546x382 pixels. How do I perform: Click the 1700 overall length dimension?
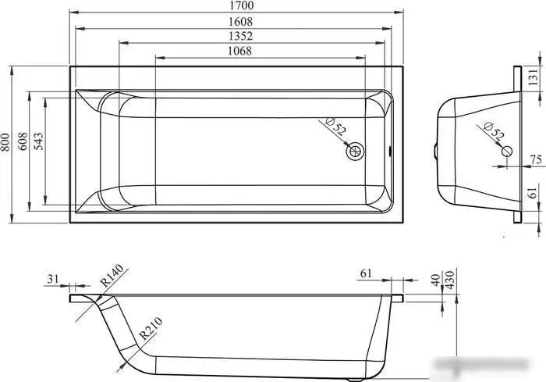[x=242, y=5]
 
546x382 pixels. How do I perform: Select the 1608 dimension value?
[x=240, y=22]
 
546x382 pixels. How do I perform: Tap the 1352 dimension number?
[x=240, y=36]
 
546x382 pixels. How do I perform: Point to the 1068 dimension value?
[x=239, y=51]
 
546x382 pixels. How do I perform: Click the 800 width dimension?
[x=5, y=142]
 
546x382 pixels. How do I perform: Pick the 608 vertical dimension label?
[x=23, y=141]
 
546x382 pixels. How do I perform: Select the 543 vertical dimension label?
[x=39, y=141]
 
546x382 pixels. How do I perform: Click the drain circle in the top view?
[x=355, y=152]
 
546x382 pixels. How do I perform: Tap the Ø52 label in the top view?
[x=335, y=127]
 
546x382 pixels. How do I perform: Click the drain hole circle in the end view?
[x=507, y=152]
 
